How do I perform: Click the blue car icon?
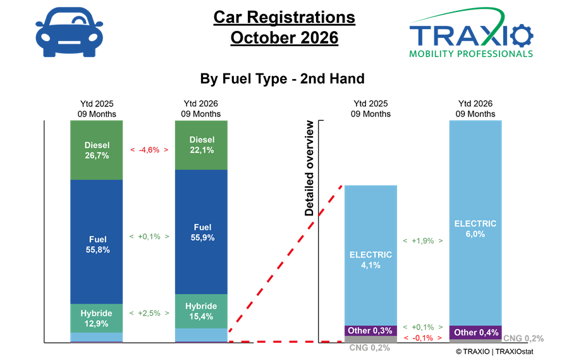click(69, 32)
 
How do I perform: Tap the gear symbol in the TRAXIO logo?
click(521, 35)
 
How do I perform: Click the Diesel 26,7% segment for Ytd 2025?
click(97, 150)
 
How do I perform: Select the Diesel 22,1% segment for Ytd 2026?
click(202, 145)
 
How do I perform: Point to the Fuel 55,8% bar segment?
click(97, 242)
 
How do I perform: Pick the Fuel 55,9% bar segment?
click(202, 232)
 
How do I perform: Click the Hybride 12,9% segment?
click(97, 318)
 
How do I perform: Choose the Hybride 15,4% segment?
click(202, 311)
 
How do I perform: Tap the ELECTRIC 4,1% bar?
click(370, 256)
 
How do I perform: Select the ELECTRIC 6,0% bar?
click(475, 223)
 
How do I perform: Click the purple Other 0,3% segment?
click(370, 330)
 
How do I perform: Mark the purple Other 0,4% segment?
click(475, 332)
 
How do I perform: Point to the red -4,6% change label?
click(149, 150)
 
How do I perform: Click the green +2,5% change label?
click(149, 313)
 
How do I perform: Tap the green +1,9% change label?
click(423, 241)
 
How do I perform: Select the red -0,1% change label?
click(423, 338)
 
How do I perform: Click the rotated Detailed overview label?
click(309, 168)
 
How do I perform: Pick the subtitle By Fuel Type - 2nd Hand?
click(283, 79)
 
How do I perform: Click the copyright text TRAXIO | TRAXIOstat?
click(494, 352)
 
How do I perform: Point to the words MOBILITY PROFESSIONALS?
click(471, 54)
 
